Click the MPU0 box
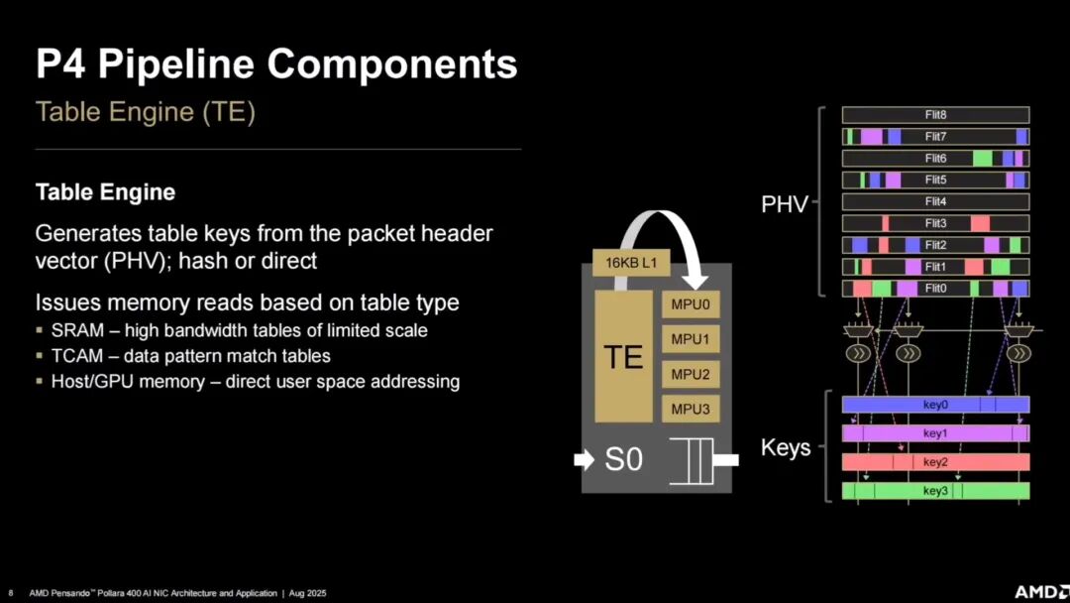click(x=690, y=304)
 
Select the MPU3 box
click(x=690, y=409)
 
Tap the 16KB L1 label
click(x=631, y=263)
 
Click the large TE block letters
click(x=623, y=357)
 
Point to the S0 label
click(x=624, y=459)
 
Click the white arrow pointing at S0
click(x=585, y=459)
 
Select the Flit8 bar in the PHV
click(x=935, y=115)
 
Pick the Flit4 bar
click(x=935, y=201)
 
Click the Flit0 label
click(x=935, y=289)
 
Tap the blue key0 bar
click(x=935, y=405)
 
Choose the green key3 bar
click(x=935, y=490)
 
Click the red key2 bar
click(x=935, y=461)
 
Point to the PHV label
click(x=785, y=204)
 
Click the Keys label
click(x=786, y=447)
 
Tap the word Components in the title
click(x=391, y=64)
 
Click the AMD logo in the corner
click(x=1041, y=591)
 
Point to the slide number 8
click(x=10, y=593)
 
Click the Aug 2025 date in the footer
click(x=308, y=593)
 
